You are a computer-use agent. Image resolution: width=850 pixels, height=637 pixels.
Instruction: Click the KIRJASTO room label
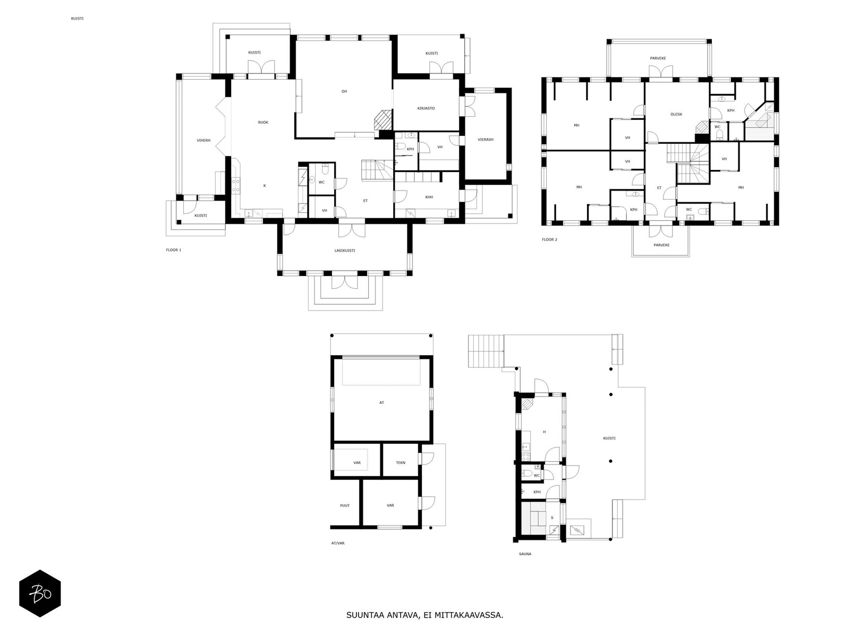pos(426,108)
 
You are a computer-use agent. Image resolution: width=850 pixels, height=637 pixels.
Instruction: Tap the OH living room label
pos(344,91)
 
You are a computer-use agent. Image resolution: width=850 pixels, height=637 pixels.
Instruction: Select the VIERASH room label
pos(485,140)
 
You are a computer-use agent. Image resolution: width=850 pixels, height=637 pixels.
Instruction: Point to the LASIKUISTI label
pos(345,251)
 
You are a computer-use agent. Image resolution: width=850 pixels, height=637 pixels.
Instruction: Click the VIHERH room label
pos(203,140)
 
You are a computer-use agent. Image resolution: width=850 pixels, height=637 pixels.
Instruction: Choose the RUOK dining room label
pos(263,122)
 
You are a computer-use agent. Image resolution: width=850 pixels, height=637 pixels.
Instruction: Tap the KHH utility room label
pos(429,197)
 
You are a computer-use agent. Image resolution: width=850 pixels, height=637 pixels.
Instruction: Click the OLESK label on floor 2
pos(676,115)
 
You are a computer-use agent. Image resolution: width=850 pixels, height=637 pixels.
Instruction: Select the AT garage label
pos(381,402)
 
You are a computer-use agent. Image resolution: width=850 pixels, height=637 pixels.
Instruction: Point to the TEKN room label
pos(401,462)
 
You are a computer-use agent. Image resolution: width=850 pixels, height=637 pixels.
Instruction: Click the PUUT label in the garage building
pos(345,505)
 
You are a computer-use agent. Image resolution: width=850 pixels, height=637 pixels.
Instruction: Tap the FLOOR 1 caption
pos(174,250)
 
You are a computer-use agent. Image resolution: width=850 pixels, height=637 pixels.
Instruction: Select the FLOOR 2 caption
pos(549,240)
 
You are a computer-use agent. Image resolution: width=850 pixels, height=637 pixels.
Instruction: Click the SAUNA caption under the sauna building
pos(525,554)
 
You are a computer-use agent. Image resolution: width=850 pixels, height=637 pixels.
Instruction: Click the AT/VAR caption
pos(338,544)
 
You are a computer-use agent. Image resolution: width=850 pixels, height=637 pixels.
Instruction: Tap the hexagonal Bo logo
pos(40,593)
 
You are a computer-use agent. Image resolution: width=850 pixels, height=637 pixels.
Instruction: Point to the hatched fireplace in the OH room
pos(383,120)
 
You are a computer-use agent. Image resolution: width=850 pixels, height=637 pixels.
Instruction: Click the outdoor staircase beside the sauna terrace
pos(486,351)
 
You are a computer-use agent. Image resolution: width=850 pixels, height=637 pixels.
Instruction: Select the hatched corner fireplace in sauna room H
pos(526,404)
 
